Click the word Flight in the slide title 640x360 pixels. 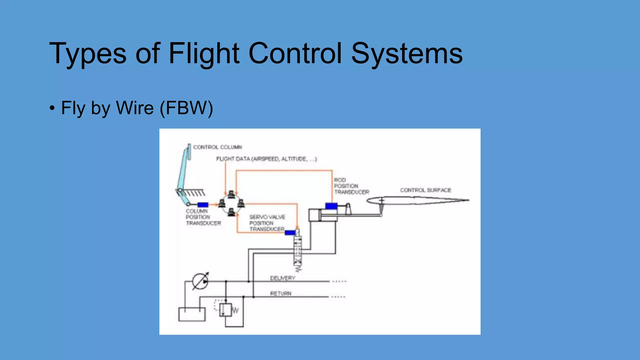coord(204,53)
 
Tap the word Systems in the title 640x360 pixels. coord(407,53)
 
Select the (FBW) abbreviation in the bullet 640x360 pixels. coord(186,108)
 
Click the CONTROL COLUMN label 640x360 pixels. coord(217,147)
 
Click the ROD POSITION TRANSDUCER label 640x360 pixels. coord(351,186)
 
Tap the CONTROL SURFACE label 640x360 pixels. coord(425,190)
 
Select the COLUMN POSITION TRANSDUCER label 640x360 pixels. coord(203,217)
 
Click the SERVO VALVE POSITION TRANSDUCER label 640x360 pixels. coord(267,223)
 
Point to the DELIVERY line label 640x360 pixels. coord(282,278)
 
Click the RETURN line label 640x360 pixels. coord(281,293)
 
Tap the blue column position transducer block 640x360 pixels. coord(203,205)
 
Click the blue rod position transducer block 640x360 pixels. coord(331,206)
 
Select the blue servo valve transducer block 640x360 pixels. coord(290,232)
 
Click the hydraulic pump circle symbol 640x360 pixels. coord(200,282)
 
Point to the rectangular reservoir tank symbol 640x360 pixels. coord(192,314)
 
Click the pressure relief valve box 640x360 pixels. coord(225,310)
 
